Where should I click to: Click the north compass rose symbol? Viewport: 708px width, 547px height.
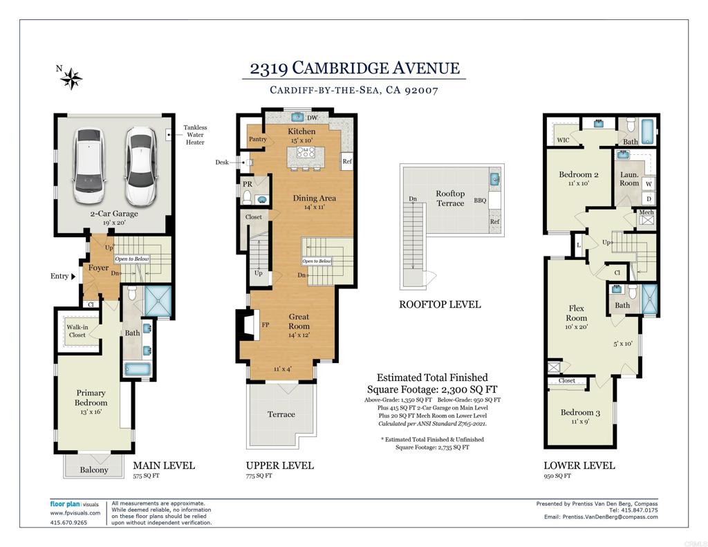(71, 80)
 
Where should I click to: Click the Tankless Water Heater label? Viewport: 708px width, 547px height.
(195, 135)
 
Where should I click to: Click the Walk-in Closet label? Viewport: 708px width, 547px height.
(77, 331)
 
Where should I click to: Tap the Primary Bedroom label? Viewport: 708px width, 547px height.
(91, 398)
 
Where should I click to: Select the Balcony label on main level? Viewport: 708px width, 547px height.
(94, 470)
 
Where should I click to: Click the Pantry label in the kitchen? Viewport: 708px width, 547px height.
(257, 140)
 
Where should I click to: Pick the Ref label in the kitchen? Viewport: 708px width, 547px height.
(347, 162)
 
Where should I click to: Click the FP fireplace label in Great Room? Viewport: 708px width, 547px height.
(264, 323)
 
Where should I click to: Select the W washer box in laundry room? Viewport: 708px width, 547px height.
(649, 184)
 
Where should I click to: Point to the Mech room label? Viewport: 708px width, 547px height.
(646, 213)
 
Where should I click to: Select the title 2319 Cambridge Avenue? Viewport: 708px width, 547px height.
(354, 68)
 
